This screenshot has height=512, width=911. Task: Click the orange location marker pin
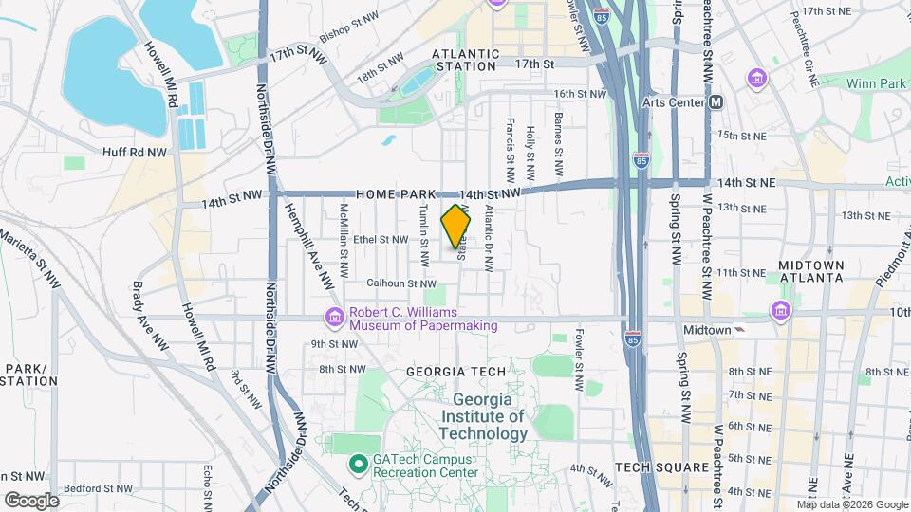click(456, 227)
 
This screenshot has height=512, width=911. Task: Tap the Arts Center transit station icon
click(716, 101)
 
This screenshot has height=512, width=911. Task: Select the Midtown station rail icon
click(739, 329)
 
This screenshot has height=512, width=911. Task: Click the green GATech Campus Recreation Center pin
click(358, 465)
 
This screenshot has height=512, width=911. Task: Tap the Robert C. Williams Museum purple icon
click(334, 317)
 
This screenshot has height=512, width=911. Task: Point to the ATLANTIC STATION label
click(464, 60)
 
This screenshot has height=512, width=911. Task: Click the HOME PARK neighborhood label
click(396, 193)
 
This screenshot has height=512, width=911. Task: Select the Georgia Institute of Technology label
click(488, 416)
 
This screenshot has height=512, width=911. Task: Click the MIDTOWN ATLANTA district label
click(810, 270)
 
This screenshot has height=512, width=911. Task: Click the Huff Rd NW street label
click(133, 151)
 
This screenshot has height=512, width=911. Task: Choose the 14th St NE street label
click(747, 181)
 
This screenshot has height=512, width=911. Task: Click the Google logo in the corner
click(31, 500)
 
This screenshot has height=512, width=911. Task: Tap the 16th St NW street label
click(580, 94)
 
